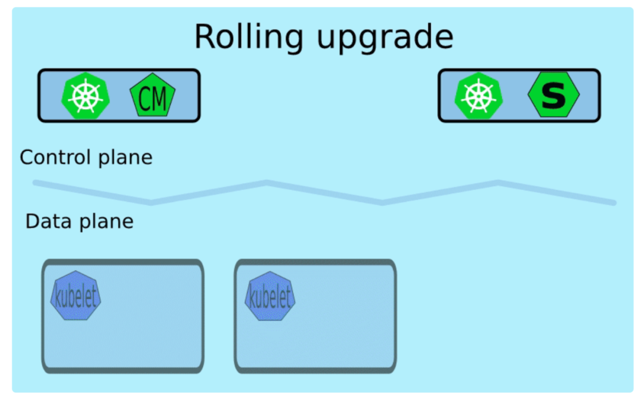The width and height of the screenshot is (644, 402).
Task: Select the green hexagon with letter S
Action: pyautogui.click(x=553, y=95)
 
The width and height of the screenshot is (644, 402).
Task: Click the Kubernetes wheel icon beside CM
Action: pyautogui.click(x=86, y=96)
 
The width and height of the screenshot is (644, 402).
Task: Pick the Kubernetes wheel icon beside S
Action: pyautogui.click(x=479, y=96)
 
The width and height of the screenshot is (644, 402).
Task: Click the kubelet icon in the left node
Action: pyautogui.click(x=76, y=296)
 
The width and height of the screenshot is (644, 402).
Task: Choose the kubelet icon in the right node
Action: pyautogui.click(x=270, y=296)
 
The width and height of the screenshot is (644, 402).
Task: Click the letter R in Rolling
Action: pyautogui.click(x=205, y=37)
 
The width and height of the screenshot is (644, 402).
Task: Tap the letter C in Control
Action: pyautogui.click(x=27, y=158)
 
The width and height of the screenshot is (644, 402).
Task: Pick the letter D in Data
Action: pyautogui.click(x=32, y=222)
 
